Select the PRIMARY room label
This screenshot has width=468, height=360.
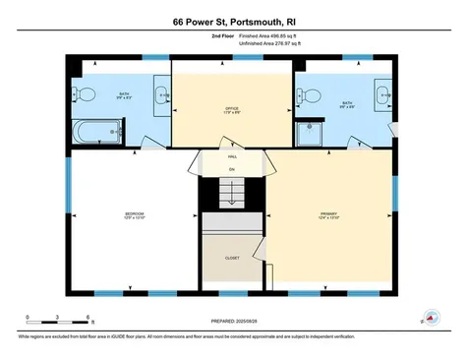click(x=328, y=213)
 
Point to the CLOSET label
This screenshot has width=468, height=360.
click(x=232, y=258)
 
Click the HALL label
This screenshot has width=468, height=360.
click(x=232, y=156)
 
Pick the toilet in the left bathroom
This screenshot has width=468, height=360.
click(x=86, y=94)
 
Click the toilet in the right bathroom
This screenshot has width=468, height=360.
click(x=307, y=94)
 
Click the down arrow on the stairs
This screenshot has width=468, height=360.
click(x=232, y=197)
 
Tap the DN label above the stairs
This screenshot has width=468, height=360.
click(x=232, y=169)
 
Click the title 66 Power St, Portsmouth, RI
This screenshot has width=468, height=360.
click(x=233, y=20)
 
